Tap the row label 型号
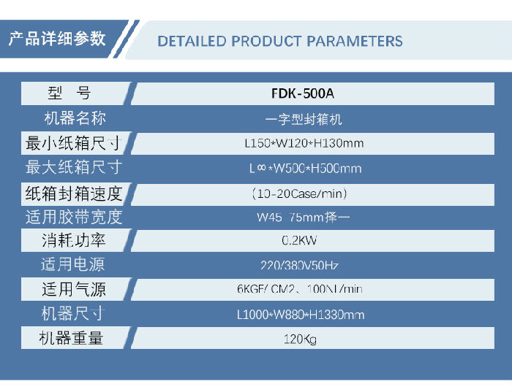(x=70, y=93)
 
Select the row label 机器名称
(x=74, y=118)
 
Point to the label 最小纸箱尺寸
(x=73, y=143)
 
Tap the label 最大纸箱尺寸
(x=73, y=168)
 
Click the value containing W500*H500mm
(x=306, y=169)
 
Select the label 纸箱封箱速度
(x=73, y=193)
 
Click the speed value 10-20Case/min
(x=299, y=193)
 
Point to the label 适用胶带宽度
(x=73, y=217)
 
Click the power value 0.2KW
(x=300, y=240)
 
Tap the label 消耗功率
(x=73, y=240)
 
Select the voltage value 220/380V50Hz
(x=300, y=265)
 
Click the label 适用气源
(x=73, y=290)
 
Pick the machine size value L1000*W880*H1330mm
(x=301, y=315)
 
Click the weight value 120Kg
(x=300, y=339)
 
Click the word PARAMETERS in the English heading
(x=355, y=41)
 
